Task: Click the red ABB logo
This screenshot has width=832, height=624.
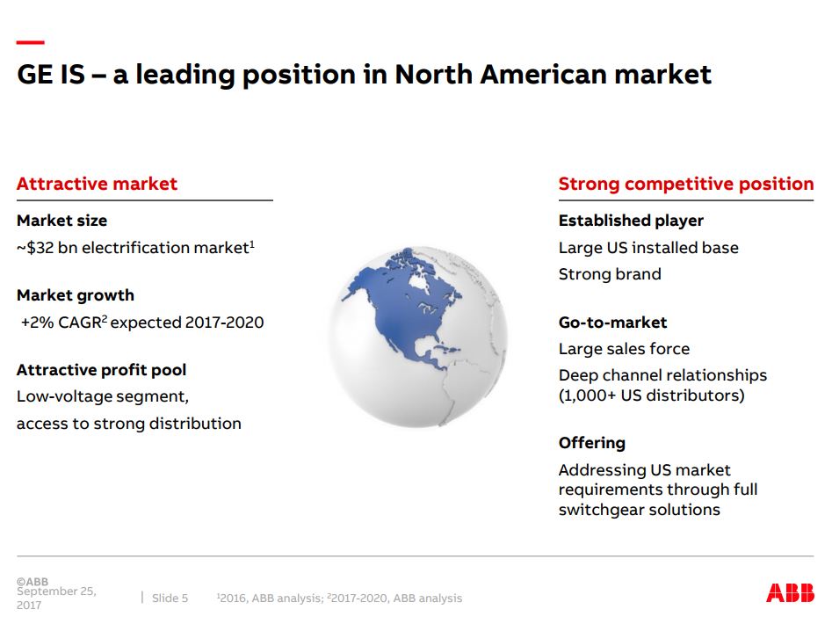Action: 790,592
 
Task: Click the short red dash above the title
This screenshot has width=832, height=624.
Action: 30,42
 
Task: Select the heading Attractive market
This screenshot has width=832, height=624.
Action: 97,184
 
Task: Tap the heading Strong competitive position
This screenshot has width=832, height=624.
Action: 686,184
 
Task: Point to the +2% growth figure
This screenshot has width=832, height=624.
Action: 37,323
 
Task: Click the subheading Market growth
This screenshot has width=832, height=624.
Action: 76,295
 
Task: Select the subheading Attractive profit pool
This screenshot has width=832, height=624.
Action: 101,370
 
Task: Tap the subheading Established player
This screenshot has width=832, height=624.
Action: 631,221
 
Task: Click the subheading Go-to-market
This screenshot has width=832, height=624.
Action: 613,322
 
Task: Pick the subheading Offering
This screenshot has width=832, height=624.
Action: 592,443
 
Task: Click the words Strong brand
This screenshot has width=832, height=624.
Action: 610,274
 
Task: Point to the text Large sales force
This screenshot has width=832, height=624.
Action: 624,349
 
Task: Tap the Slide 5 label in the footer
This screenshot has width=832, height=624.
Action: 170,598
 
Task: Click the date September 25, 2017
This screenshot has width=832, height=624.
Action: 56,598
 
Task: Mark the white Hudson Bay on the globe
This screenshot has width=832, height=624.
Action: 420,283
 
